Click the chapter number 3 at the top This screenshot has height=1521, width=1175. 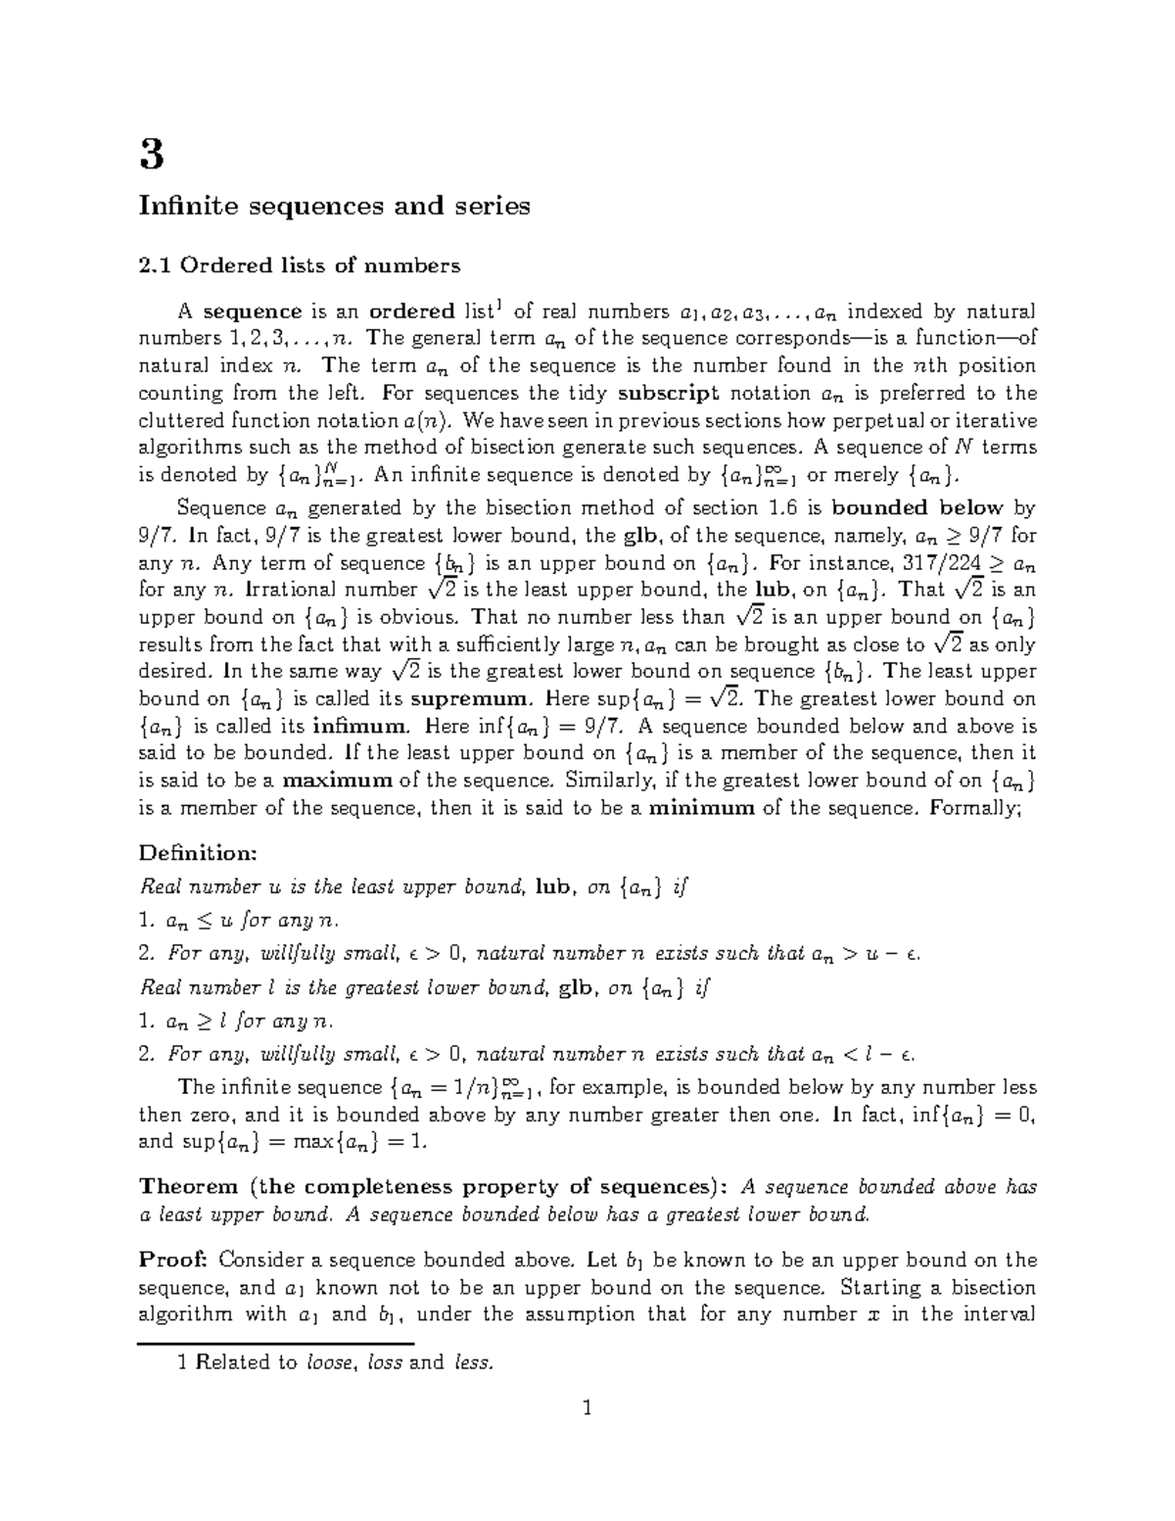point(151,155)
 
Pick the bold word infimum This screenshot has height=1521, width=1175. point(361,727)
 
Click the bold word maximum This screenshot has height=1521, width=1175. point(337,781)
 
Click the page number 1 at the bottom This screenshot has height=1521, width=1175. point(587,1409)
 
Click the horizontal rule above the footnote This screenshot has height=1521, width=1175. point(277,1344)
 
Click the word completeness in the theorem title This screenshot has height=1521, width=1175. point(377,1187)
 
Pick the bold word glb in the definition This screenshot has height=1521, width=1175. point(576,988)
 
